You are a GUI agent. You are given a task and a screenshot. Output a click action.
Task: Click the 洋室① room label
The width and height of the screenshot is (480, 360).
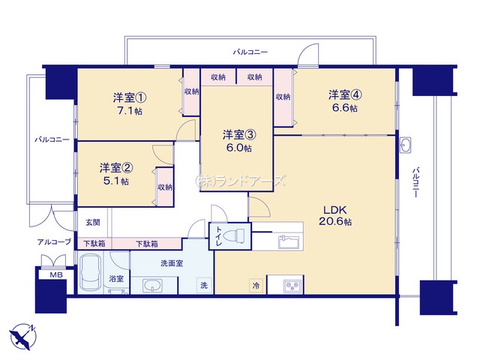click(130, 98)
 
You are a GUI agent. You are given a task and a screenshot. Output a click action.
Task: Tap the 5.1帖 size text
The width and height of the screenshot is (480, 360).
click(116, 181)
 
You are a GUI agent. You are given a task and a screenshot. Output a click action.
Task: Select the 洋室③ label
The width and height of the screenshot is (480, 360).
click(239, 135)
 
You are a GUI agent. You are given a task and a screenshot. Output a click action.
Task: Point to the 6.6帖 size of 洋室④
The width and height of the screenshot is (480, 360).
click(345, 108)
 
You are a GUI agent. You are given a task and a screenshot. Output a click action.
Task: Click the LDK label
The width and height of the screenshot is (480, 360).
click(335, 210)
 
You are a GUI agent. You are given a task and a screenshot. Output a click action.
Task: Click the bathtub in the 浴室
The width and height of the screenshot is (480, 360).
click(91, 272)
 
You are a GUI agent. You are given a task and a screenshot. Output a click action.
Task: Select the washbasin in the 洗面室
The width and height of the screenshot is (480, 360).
click(153, 286)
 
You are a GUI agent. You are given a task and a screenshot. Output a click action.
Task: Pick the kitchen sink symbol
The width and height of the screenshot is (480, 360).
click(289, 241)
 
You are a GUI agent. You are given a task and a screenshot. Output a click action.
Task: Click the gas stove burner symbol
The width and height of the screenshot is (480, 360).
click(293, 286)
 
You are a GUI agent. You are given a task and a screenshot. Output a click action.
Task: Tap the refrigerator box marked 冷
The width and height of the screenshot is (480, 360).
click(256, 286)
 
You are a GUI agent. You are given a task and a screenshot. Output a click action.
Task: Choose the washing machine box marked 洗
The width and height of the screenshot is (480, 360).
click(204, 285)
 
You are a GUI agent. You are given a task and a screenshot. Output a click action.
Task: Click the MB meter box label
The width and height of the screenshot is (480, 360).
click(56, 275)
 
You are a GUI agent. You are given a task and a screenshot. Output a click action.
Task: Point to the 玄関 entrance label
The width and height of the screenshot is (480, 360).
click(92, 222)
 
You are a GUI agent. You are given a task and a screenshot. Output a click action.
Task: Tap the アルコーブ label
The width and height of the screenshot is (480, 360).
click(54, 241)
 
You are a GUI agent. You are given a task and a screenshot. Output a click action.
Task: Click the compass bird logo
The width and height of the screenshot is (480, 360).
click(23, 337)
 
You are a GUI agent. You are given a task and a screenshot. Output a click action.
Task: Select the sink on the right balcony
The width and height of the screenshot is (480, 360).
click(406, 145)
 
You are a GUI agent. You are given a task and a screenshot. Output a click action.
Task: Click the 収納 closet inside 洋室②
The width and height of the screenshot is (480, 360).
click(165, 187)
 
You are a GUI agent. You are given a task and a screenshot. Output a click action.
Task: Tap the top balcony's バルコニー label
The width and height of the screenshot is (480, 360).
click(250, 52)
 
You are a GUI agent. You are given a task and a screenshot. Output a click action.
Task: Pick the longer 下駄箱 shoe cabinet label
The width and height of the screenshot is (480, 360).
click(147, 244)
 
